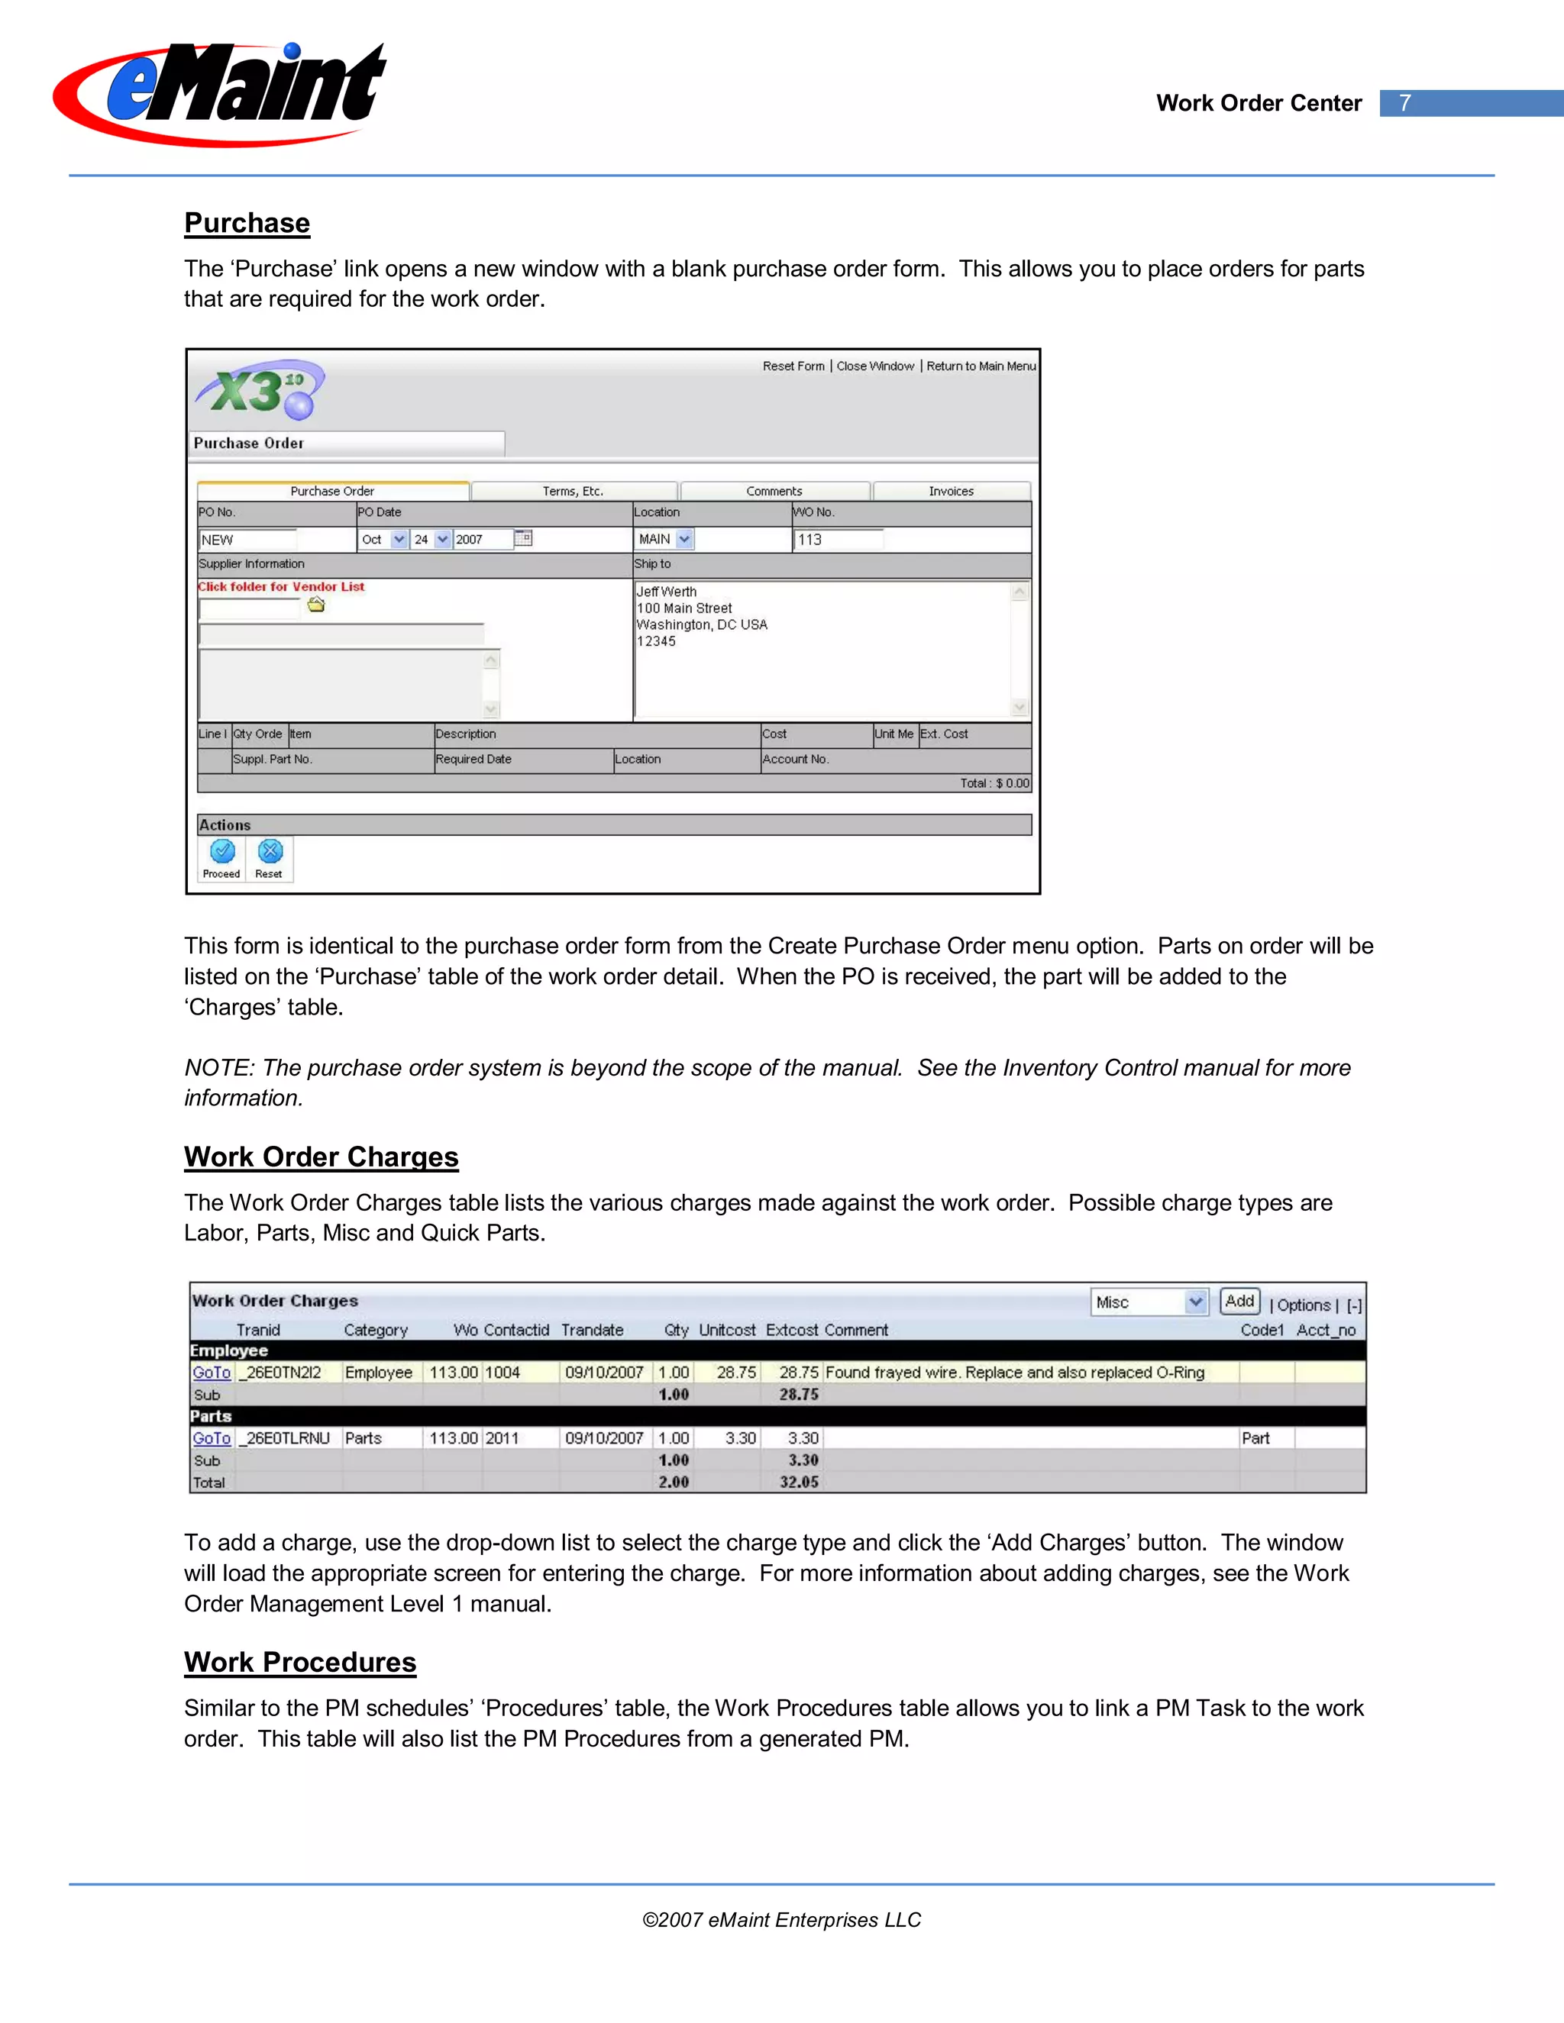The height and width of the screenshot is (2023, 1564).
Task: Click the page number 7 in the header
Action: coord(1404,103)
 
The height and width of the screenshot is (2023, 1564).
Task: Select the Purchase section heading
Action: coord(247,223)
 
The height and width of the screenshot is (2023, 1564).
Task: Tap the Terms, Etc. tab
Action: coord(573,491)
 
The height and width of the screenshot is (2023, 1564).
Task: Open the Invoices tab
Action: coord(951,491)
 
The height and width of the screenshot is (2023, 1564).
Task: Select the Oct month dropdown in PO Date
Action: coord(383,539)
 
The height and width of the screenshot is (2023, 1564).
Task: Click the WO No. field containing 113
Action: coord(838,539)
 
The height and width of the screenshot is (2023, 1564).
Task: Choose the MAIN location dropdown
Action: coord(664,539)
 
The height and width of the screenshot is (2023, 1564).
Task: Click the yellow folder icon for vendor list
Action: coord(316,605)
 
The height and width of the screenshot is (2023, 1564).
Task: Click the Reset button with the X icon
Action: coord(270,858)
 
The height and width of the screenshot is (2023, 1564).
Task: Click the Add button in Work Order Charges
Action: coord(1239,1301)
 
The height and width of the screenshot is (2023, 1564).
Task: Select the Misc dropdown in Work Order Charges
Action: coord(1149,1302)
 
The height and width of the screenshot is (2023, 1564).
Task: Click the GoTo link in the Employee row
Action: coord(212,1372)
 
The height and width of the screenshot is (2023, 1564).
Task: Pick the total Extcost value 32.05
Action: coord(799,1481)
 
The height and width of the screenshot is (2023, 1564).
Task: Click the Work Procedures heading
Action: coord(300,1662)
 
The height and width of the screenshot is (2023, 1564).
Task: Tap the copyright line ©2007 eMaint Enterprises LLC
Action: coord(781,1920)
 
